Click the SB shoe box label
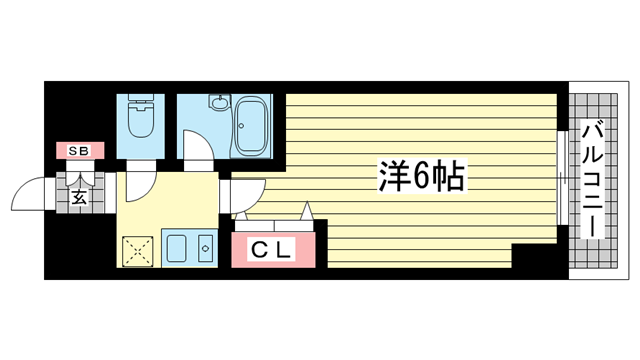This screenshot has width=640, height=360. (78, 151)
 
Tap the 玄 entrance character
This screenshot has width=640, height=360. (79, 196)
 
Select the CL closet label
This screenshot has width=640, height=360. (271, 250)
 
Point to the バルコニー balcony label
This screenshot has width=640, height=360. (593, 178)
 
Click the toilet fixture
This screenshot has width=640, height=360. (140, 118)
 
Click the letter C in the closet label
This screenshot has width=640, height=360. (257, 250)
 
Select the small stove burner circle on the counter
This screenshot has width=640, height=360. (204, 247)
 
